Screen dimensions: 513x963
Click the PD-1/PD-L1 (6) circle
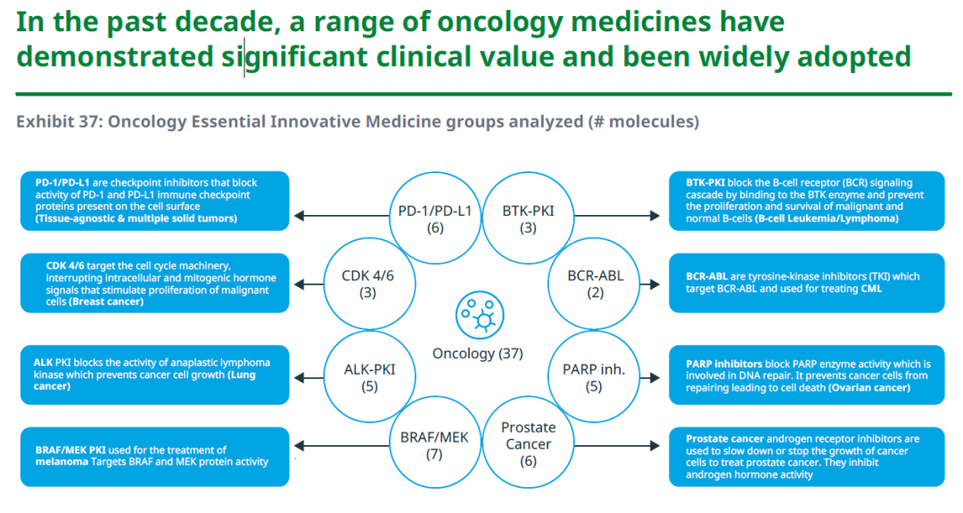[435, 219]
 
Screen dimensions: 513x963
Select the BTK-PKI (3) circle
[528, 219]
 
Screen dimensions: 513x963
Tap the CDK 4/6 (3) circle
[367, 284]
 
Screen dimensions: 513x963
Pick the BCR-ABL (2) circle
[596, 284]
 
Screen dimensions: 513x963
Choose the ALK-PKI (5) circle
[369, 377]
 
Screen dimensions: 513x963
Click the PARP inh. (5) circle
[594, 377]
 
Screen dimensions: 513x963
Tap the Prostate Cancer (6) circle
[528, 444]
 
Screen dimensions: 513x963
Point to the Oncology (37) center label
[477, 353]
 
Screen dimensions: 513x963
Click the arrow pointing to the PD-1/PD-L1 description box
[343, 215]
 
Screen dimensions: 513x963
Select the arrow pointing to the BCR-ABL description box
[648, 284]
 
